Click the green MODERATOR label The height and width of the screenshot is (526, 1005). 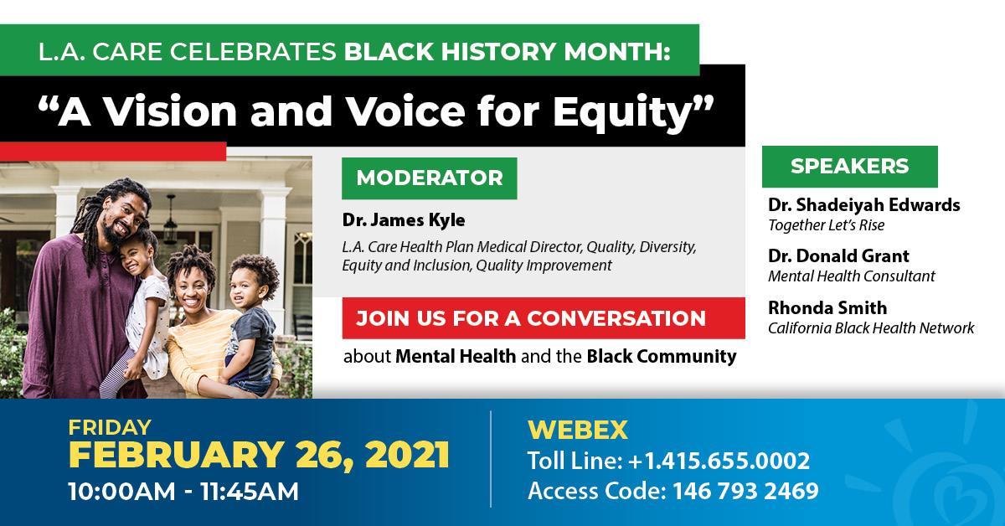430,178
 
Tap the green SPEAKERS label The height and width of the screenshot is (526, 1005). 850,167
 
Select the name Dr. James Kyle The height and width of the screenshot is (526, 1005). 404,220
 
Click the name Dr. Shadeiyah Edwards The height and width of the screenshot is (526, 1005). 863,204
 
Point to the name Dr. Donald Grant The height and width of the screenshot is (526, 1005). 838,255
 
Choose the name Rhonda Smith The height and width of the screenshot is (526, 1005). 827,308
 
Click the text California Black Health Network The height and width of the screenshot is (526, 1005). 871,328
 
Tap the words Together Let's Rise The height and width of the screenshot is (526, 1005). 826,225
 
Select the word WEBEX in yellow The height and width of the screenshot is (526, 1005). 577,430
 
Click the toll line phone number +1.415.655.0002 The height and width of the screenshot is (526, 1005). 719,461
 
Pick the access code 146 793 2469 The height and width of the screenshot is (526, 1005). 745,491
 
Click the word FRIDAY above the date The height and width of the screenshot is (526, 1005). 110,427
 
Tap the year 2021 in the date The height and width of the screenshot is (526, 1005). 407,455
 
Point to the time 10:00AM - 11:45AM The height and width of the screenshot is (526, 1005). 183,491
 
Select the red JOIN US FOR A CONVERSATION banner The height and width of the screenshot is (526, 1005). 544,318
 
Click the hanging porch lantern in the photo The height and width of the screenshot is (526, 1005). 170,220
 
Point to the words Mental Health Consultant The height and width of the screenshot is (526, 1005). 852,276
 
